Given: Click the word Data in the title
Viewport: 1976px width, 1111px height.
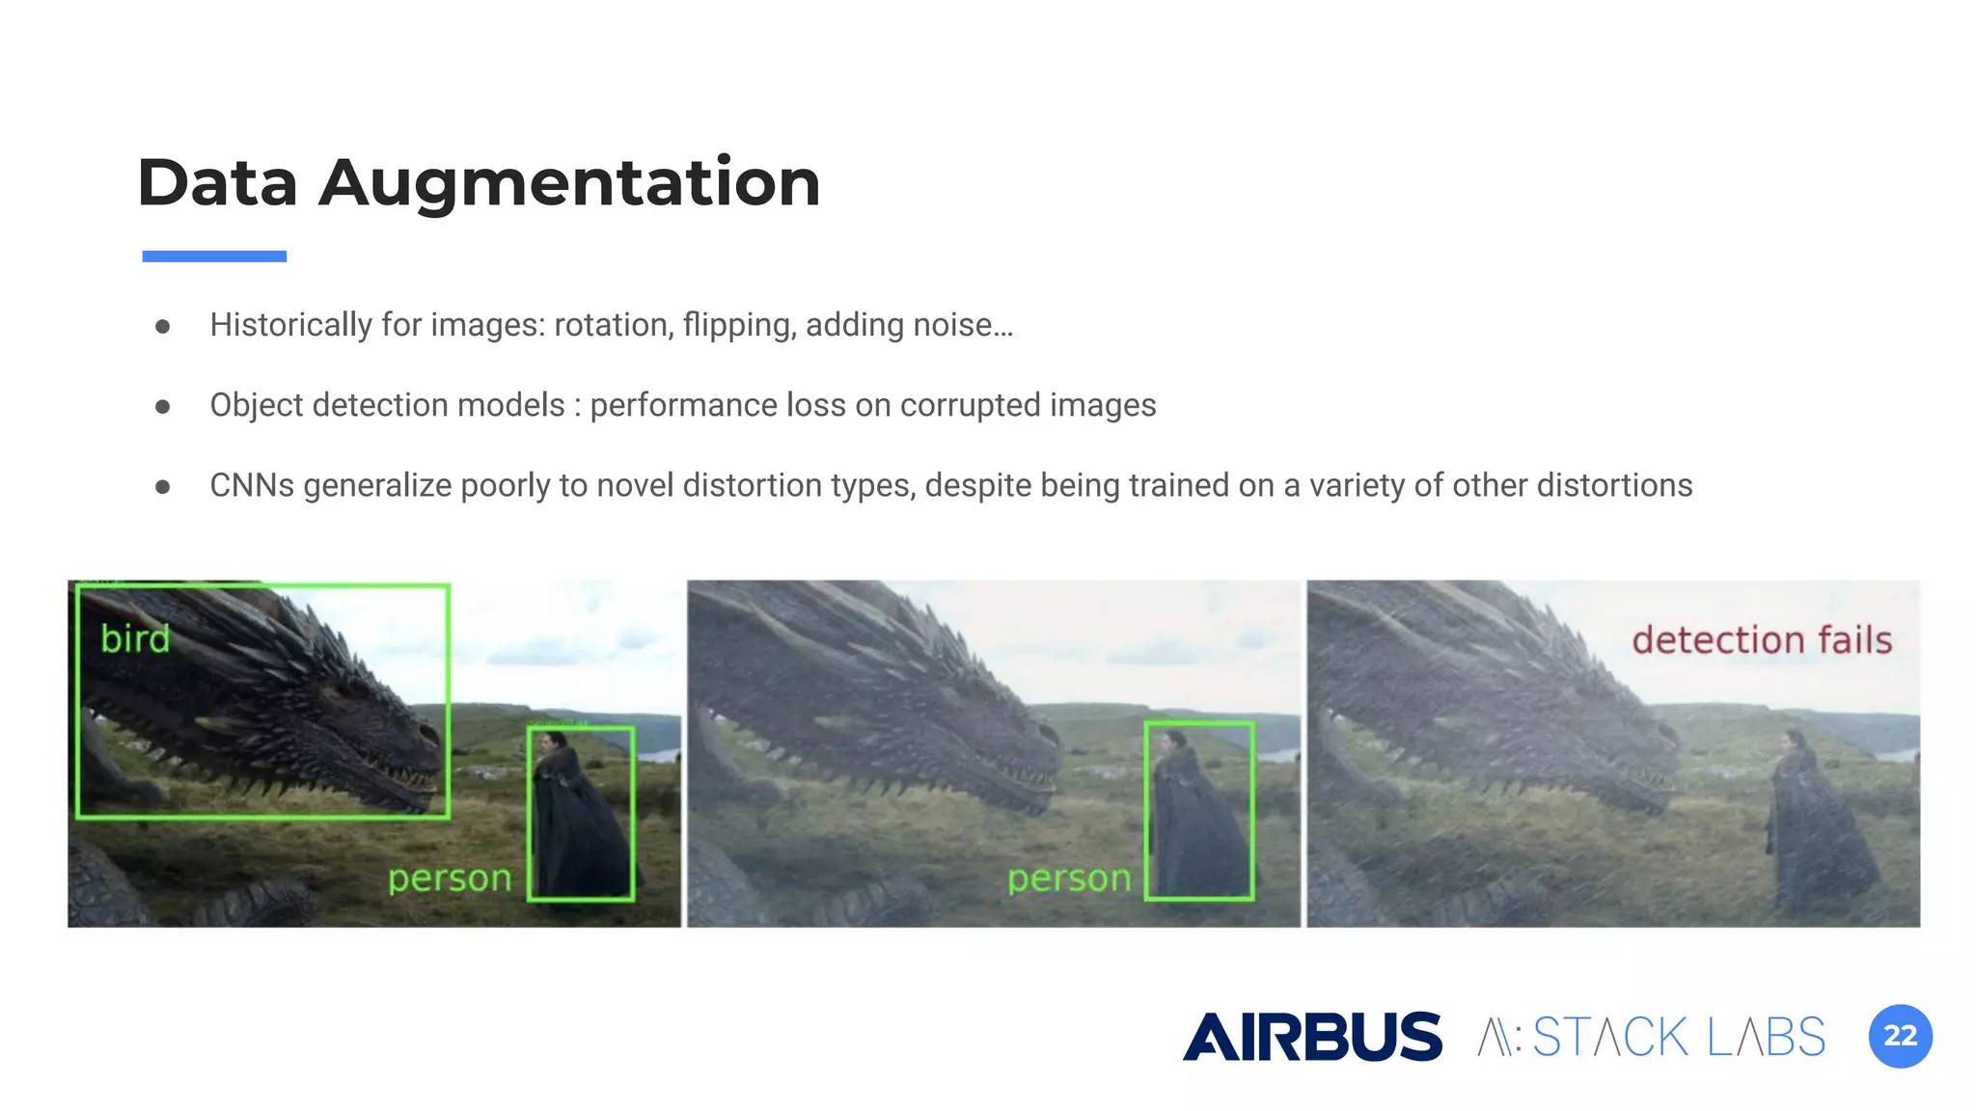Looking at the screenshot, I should point(217,183).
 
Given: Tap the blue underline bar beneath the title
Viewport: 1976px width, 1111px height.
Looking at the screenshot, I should point(214,257).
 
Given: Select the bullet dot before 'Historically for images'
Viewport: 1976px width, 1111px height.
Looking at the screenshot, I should point(163,327).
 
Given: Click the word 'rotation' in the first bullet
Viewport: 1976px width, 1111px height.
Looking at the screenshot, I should point(612,325).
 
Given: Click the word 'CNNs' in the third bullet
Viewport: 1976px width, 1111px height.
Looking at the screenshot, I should point(252,485).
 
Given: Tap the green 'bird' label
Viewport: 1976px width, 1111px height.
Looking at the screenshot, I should point(135,638).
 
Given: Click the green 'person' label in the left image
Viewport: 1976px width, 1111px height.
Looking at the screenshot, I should point(450,879).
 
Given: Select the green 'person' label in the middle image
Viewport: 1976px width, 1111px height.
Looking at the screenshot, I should point(1069,879).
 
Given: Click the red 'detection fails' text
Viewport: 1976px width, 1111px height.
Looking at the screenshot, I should point(1762,640).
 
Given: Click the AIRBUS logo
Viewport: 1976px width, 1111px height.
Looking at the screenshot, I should point(1312,1037).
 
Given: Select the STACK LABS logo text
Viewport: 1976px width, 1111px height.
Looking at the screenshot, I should point(1679,1038).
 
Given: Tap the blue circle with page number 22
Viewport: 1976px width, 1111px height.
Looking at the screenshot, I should point(1900,1036).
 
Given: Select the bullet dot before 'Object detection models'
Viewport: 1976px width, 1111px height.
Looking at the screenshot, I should point(163,407).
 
